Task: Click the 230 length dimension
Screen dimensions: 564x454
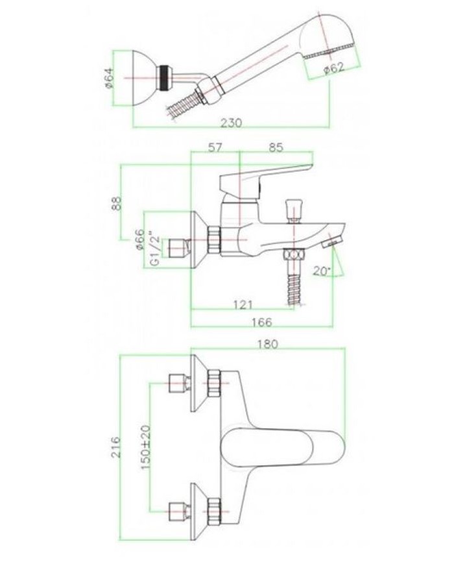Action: pos(232,123)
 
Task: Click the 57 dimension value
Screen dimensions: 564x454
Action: pos(215,148)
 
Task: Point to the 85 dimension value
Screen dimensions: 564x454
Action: pos(276,148)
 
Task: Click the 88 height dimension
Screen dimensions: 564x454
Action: pos(117,202)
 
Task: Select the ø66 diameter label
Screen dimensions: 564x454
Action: pos(139,240)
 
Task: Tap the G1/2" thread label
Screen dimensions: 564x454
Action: pos(154,249)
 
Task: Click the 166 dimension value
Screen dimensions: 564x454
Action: pos(262,322)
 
